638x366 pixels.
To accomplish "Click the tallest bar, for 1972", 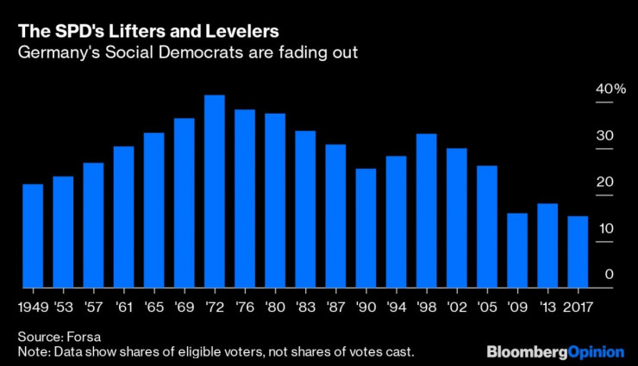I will [215, 191].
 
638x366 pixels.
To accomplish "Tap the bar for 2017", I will [579, 251].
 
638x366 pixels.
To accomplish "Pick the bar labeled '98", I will [427, 210].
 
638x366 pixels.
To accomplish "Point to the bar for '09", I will [517, 250].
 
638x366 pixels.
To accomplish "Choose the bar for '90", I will [366, 227].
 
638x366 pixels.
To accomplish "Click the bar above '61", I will [123, 216].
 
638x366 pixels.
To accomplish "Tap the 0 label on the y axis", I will [609, 275].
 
